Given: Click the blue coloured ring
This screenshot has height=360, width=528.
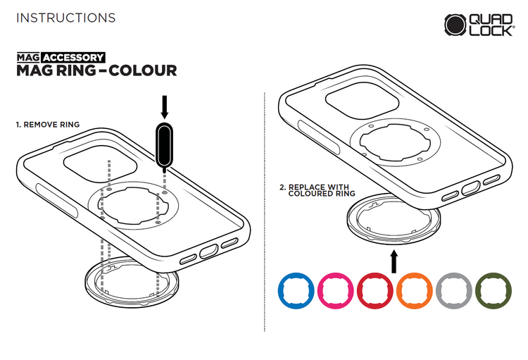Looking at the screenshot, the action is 281,290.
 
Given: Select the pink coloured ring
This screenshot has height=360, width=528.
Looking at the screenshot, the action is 321,290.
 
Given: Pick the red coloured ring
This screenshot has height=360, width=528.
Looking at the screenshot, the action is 360,290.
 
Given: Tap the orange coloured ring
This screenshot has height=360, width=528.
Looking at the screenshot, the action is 400,290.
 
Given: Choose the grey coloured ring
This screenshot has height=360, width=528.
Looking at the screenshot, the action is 439,290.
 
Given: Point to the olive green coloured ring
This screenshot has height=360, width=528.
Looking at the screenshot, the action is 479,290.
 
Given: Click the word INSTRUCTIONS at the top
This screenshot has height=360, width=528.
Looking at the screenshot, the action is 66,18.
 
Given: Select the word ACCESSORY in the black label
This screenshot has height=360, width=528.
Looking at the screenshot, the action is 73,57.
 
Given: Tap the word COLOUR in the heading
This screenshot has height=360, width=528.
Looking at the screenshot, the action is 143,70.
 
